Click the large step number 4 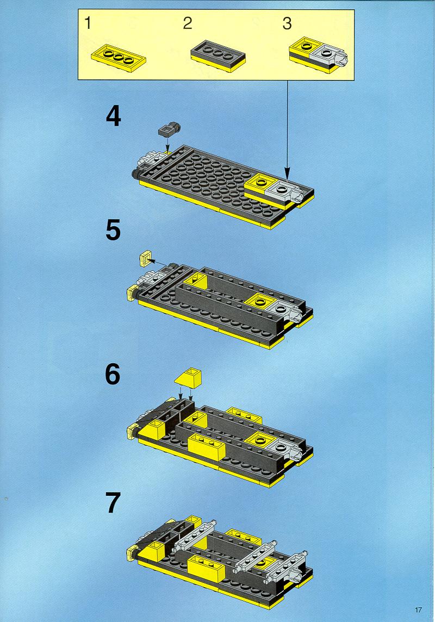(114, 117)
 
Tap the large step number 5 (113, 231)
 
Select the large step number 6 (113, 374)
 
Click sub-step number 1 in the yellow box (88, 23)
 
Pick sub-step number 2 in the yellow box (188, 23)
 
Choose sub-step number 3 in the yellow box (287, 23)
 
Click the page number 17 (418, 609)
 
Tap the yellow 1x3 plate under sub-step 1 (118, 58)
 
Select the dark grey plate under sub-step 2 (217, 56)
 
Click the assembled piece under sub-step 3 (319, 55)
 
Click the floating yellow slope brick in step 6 (188, 378)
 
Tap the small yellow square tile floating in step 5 (145, 258)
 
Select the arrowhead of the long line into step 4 (287, 174)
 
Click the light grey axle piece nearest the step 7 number (194, 534)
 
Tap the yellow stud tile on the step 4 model (260, 183)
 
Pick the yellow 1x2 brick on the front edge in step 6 (206, 447)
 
